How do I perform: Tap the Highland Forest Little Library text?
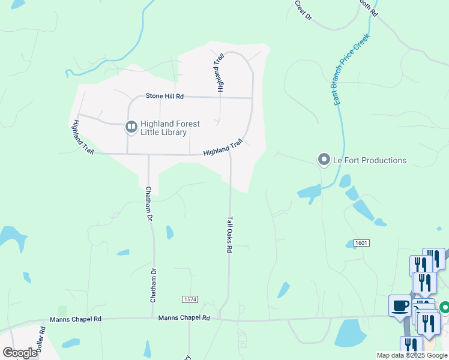point(170,128)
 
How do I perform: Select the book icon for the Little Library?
point(131,127)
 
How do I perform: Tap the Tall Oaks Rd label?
point(229,235)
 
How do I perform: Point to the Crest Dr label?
point(304,10)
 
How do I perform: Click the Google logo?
point(20,353)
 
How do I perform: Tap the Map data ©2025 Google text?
point(412,355)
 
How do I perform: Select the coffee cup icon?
point(400,306)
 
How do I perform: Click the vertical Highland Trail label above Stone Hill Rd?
point(220,72)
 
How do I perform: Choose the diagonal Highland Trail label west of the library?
point(82,137)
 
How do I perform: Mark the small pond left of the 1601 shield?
point(350,244)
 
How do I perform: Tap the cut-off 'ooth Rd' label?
point(367,7)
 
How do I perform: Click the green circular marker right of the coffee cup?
point(445,307)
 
